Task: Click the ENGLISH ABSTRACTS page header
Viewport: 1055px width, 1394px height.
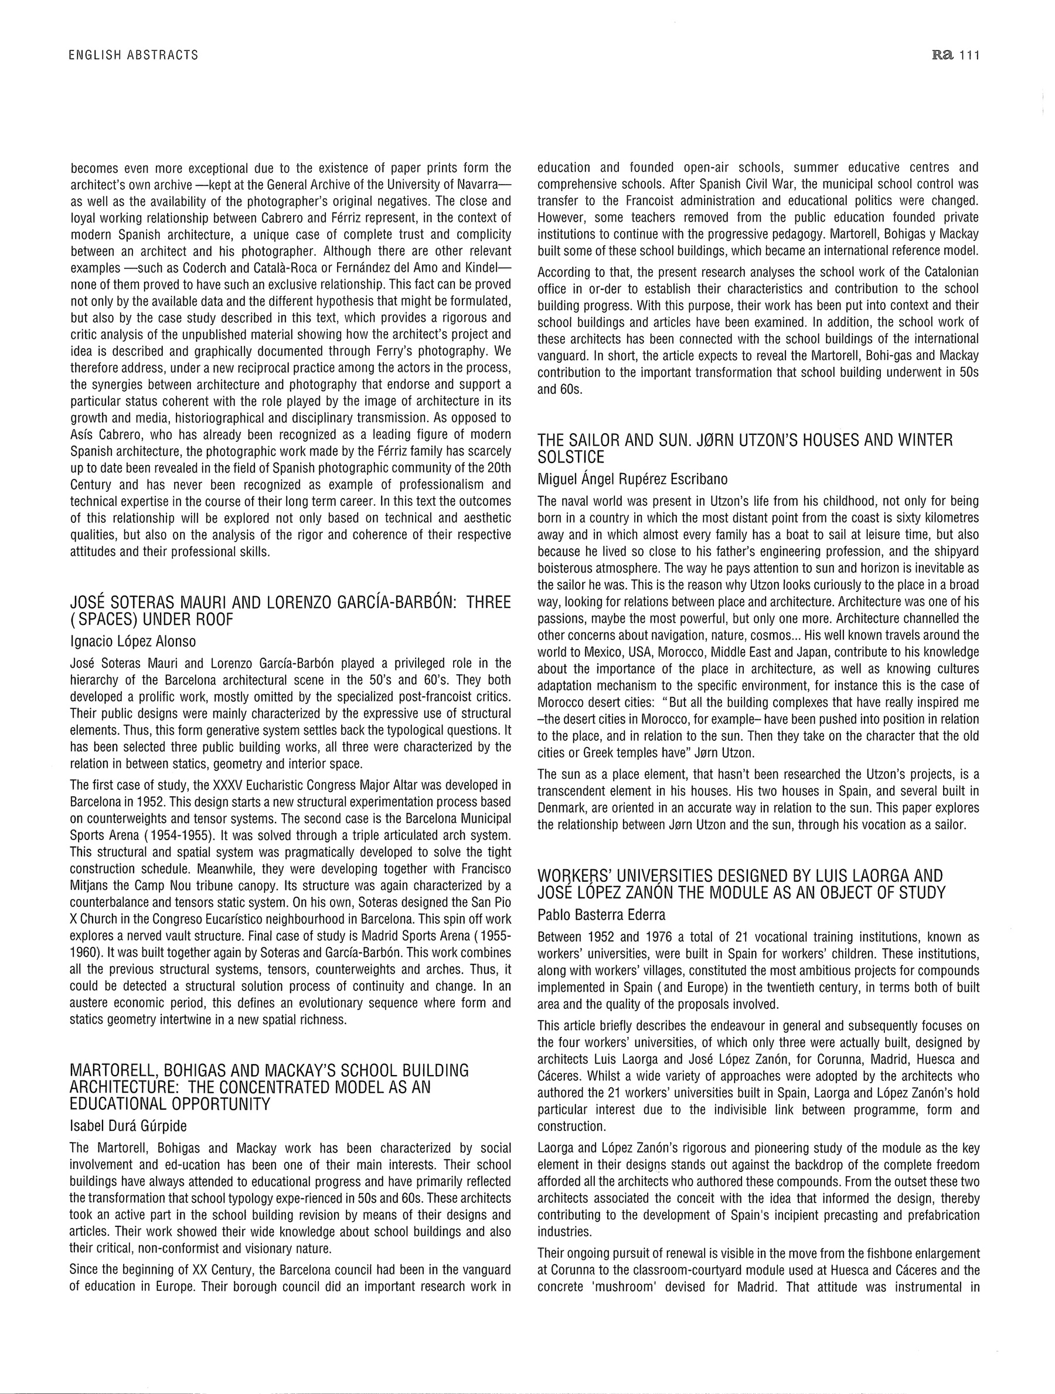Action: pos(134,55)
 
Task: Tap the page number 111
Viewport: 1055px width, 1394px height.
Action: pos(969,55)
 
